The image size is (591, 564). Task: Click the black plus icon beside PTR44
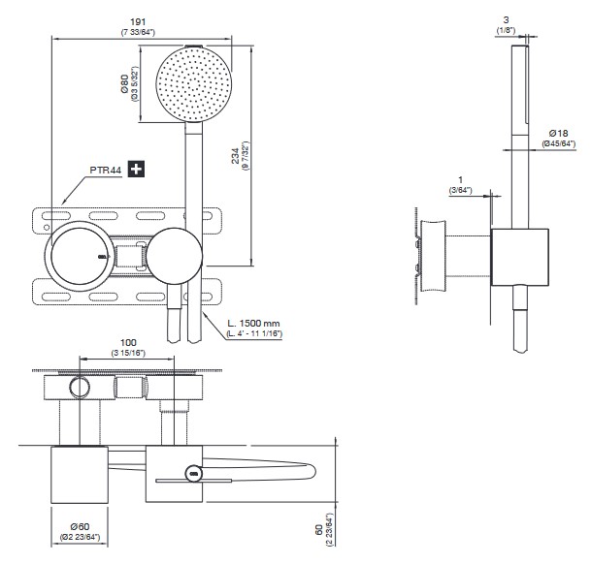tap(137, 170)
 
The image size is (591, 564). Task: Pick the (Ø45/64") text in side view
tap(561, 143)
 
